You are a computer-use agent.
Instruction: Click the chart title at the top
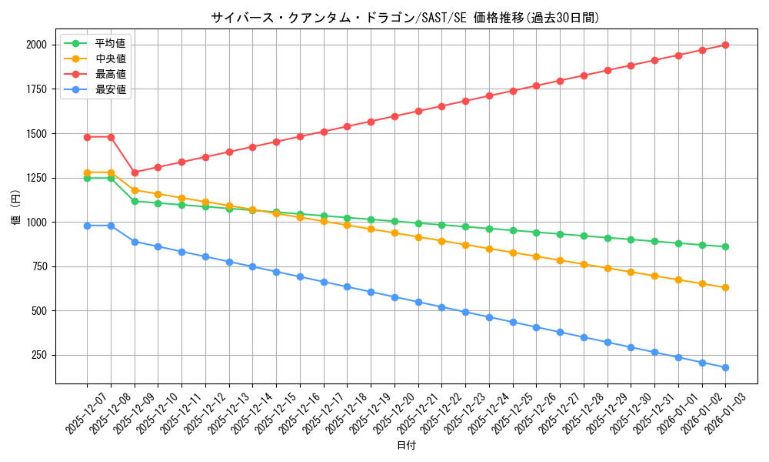[x=405, y=18]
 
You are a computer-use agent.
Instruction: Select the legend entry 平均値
[x=110, y=43]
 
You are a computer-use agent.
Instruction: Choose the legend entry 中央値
[x=110, y=59]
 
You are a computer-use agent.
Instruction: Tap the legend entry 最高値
[x=110, y=74]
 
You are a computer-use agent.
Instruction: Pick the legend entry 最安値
[x=110, y=89]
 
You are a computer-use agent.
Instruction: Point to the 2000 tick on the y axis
[x=36, y=45]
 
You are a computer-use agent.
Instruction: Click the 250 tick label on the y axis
[x=39, y=355]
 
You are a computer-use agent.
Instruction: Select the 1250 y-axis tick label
[x=36, y=178]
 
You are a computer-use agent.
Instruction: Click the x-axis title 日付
[x=406, y=446]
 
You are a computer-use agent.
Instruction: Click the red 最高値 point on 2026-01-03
[x=725, y=45]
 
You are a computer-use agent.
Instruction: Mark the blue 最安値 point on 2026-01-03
[x=725, y=367]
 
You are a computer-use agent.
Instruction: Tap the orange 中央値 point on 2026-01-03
[x=725, y=287]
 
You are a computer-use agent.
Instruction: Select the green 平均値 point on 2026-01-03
[x=725, y=246]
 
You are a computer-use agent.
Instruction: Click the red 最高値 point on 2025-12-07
[x=87, y=137]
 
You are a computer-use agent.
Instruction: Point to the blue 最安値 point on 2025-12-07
[x=87, y=226]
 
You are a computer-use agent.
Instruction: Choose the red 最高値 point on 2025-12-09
[x=135, y=172]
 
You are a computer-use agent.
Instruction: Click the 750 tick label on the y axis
[x=39, y=266]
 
